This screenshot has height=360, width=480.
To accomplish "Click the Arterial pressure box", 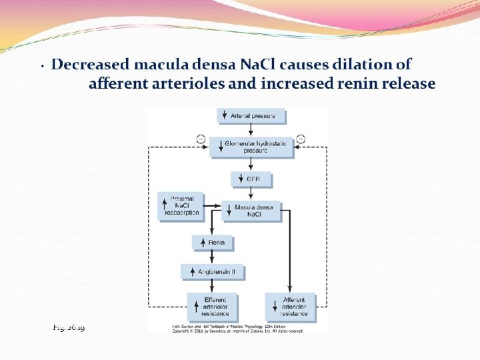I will (x=251, y=116).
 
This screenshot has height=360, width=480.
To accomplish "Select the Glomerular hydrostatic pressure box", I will (x=251, y=147).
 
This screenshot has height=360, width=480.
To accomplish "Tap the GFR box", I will (x=251, y=179).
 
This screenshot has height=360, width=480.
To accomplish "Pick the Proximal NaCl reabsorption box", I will (x=181, y=205).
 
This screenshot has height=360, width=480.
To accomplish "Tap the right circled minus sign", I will (x=300, y=138).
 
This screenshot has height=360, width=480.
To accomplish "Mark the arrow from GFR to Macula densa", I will (x=251, y=194).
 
